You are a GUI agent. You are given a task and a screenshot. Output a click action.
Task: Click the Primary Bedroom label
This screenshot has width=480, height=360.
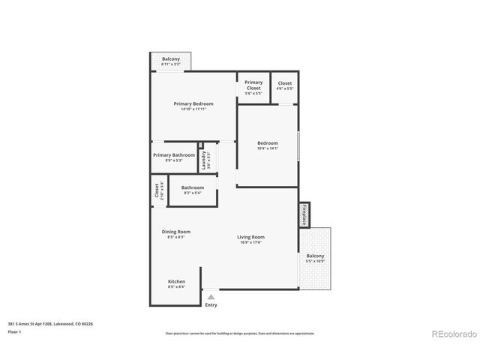click(x=193, y=103)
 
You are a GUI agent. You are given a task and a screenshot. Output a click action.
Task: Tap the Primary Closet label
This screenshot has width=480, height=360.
click(x=253, y=85)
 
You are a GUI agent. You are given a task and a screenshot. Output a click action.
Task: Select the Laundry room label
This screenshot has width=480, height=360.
click(x=203, y=159)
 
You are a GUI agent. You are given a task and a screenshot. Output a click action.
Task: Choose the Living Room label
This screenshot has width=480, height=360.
click(x=251, y=237)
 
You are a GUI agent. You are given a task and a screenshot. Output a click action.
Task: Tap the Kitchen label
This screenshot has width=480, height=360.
click(x=176, y=281)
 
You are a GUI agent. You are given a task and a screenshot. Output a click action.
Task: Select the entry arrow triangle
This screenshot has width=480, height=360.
click(x=211, y=297)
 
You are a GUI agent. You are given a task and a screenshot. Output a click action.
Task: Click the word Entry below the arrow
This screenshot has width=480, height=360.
click(x=211, y=304)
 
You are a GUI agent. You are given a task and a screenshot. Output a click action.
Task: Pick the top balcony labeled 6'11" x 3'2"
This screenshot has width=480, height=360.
click(x=171, y=60)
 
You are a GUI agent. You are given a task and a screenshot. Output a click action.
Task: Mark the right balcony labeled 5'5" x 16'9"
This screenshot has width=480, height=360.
click(x=315, y=258)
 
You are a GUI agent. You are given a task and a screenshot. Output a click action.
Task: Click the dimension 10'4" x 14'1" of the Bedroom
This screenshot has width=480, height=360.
click(x=268, y=148)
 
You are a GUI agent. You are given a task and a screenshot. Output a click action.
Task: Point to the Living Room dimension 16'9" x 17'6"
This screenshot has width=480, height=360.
click(x=251, y=242)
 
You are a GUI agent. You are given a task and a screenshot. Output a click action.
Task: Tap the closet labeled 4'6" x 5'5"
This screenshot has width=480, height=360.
click(x=285, y=85)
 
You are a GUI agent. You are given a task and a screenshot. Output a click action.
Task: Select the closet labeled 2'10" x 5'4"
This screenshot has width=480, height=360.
click(x=159, y=191)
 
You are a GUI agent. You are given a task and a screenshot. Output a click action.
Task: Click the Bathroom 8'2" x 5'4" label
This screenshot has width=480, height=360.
click(x=193, y=190)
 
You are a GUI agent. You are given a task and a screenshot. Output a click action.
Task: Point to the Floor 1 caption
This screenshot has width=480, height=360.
click(x=15, y=331)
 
